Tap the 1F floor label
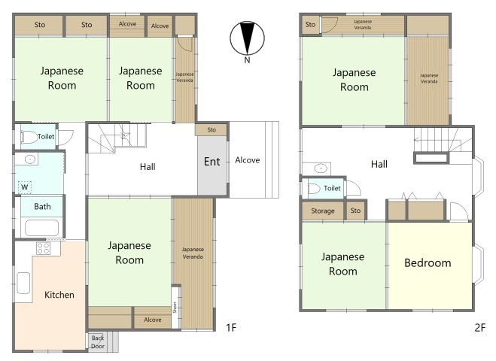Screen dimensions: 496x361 [231, 327]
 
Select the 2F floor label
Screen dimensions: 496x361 [479, 327]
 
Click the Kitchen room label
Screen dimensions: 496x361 [59, 295]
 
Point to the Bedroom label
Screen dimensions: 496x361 [428, 262]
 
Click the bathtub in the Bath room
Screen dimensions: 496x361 [41, 228]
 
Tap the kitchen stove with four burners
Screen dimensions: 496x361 [43, 248]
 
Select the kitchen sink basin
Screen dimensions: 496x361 [23, 284]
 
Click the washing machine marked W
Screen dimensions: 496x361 [24, 187]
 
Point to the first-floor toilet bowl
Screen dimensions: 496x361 [29, 138]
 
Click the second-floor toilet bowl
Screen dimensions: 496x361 [314, 189]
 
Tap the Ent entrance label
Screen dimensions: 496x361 [211, 162]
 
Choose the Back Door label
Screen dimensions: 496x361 [97, 342]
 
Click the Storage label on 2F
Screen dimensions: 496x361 [323, 211]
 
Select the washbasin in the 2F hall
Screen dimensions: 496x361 [321, 168]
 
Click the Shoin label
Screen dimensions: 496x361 [175, 308]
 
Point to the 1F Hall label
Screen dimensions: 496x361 [148, 167]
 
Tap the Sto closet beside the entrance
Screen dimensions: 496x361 [211, 129]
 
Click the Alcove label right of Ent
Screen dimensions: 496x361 [248, 160]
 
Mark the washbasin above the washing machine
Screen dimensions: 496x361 [30, 159]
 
